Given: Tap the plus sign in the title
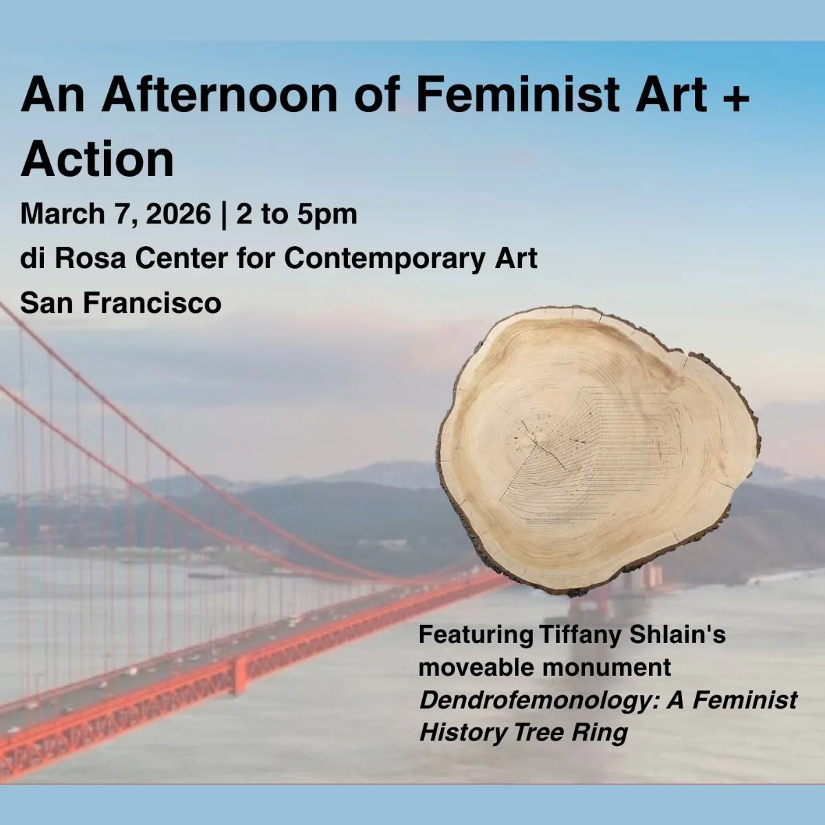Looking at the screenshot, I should tap(736, 96).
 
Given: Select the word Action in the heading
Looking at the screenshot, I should tap(97, 159).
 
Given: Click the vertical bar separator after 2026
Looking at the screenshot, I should tap(223, 214).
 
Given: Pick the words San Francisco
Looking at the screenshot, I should tap(120, 302).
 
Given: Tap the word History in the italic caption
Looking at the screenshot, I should tap(463, 732).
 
